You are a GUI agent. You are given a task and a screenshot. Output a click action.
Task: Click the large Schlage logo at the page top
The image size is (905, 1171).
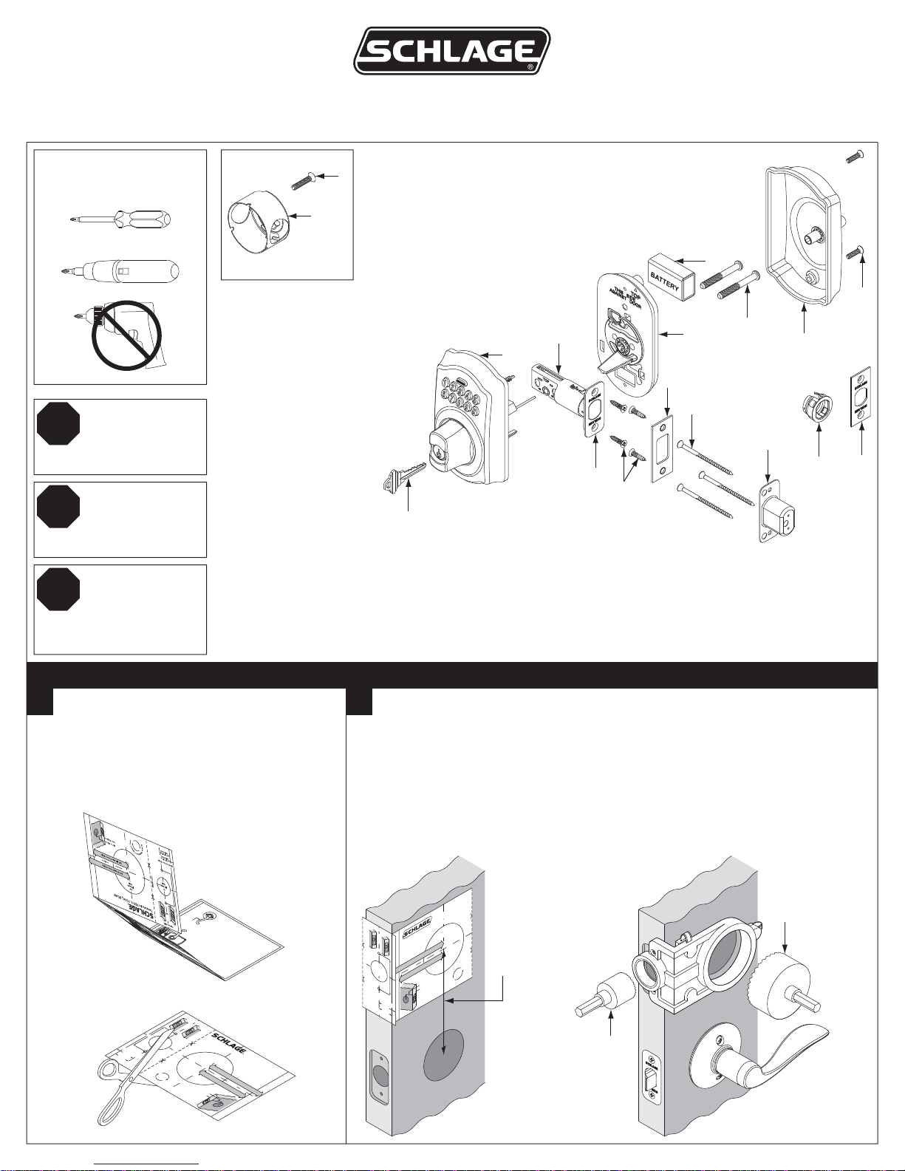451,51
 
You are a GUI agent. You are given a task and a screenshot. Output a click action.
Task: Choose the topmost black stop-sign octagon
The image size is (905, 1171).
58,424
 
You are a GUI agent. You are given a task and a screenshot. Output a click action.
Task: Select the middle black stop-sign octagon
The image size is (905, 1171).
58,507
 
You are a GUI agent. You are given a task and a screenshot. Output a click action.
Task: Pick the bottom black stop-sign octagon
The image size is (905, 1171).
58,590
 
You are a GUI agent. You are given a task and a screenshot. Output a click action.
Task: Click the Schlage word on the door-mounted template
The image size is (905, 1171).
417,927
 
